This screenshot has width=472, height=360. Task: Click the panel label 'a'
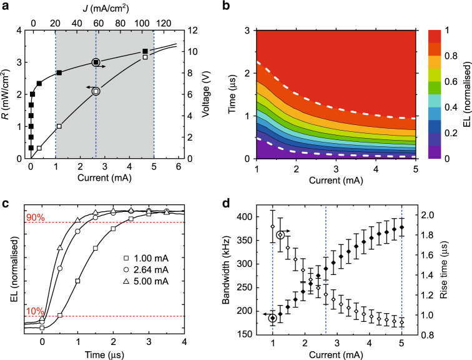pyautogui.click(x=6, y=6)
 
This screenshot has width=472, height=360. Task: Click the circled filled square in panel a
pyautogui.click(x=96, y=62)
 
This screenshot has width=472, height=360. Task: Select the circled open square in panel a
pyautogui.click(x=96, y=91)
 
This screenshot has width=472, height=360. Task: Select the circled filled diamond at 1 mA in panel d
pyautogui.click(x=273, y=318)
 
